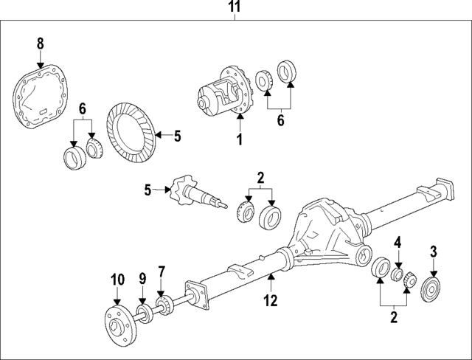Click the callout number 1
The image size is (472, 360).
[239, 138]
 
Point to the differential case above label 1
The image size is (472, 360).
[224, 91]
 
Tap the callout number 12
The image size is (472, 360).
[271, 300]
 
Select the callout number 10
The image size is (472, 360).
[115, 280]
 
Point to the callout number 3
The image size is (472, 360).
[434, 250]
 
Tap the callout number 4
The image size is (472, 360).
[397, 242]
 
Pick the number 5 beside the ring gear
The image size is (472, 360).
[177, 135]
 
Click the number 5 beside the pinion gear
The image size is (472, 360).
[147, 190]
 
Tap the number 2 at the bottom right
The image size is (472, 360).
[394, 318]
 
